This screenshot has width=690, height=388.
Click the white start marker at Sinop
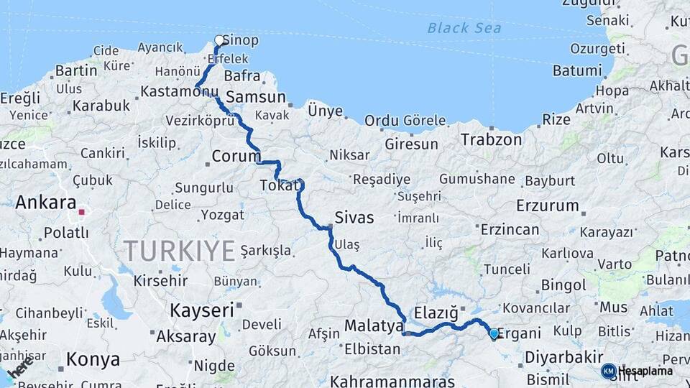(x=219, y=40)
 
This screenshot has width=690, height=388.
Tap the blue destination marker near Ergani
(x=494, y=333)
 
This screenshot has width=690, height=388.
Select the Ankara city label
(x=46, y=203)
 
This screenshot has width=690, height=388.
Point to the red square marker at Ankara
(x=82, y=212)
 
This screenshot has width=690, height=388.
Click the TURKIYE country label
(x=179, y=251)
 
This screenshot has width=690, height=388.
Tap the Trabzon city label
(x=492, y=139)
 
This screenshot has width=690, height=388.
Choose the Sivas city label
(x=354, y=217)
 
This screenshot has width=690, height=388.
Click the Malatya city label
(x=374, y=326)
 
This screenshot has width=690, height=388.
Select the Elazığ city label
(x=435, y=313)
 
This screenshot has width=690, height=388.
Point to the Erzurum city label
(x=548, y=205)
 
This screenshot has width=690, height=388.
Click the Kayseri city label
(x=203, y=310)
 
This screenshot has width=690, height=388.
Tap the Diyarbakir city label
(x=563, y=357)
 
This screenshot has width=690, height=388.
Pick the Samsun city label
(x=256, y=97)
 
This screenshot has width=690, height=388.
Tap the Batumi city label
(x=577, y=70)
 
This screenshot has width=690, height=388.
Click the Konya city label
(x=93, y=360)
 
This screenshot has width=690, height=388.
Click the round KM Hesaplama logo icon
(x=609, y=371)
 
